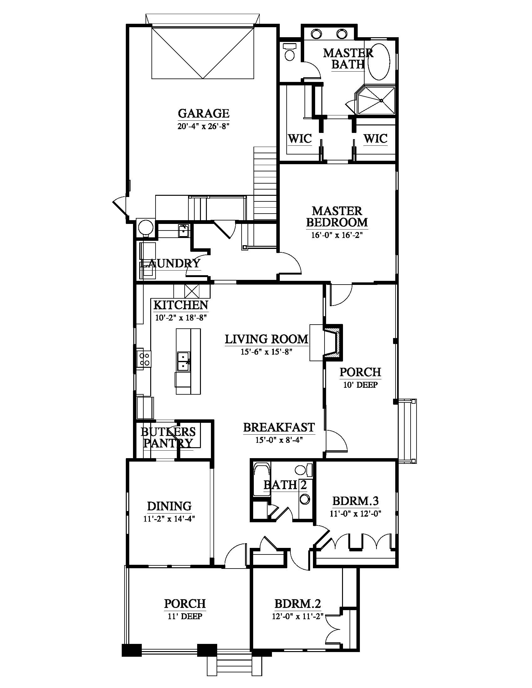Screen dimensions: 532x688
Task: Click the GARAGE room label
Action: [204, 113]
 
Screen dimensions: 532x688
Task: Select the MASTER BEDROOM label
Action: [337, 216]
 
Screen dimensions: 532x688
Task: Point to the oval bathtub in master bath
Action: [380, 60]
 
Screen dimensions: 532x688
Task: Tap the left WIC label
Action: [300, 139]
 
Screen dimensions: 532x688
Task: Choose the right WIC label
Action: [375, 139]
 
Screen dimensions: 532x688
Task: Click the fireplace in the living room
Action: [332, 342]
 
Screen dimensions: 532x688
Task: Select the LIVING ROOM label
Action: [267, 339]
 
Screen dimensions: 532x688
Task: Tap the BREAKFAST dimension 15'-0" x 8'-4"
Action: [279, 440]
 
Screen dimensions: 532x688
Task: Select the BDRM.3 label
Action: [356, 501]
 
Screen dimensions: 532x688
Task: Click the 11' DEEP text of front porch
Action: [185, 616]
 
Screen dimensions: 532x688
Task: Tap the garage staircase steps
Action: [265, 183]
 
